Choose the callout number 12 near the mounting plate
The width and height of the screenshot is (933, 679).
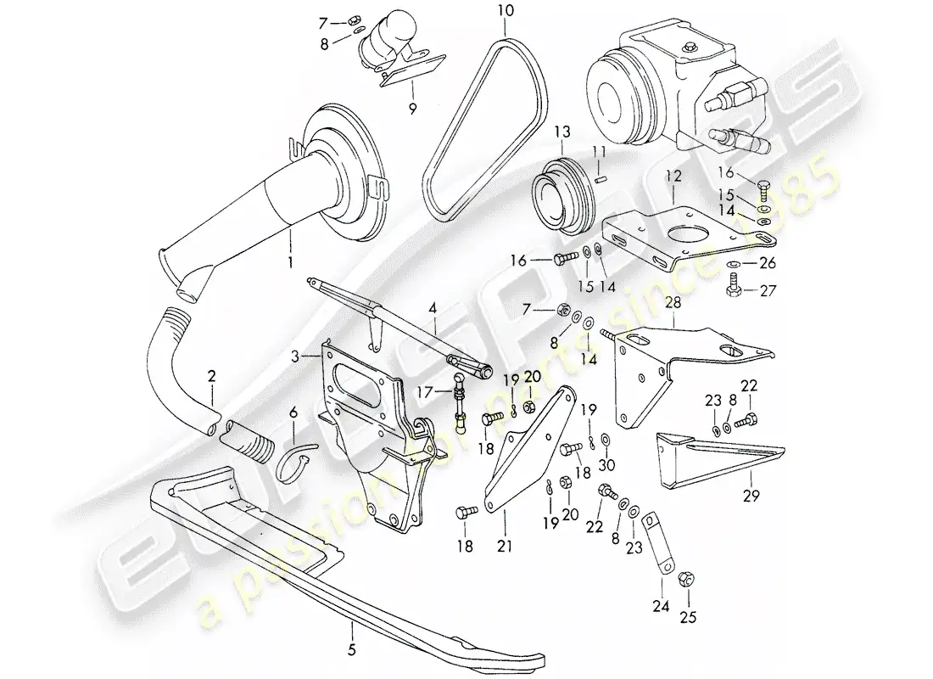coord(673,176)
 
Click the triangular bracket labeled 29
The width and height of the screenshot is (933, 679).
coord(712,463)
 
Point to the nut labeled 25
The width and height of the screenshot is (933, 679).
coord(688,580)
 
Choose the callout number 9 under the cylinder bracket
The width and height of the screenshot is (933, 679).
coord(412,108)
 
